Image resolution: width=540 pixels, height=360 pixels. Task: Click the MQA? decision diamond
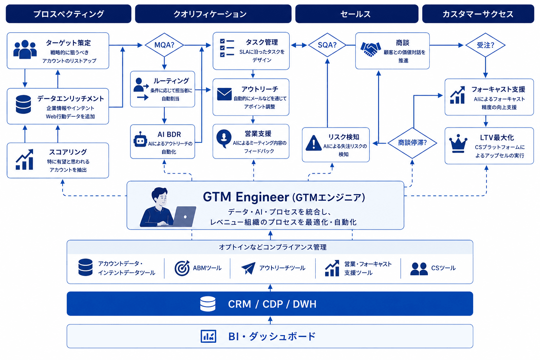tap(164, 45)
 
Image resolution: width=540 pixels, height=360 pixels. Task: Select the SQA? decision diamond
tap(327, 45)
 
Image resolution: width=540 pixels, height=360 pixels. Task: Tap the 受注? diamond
tap(485, 45)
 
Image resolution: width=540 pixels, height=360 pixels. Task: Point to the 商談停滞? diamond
tap(412, 143)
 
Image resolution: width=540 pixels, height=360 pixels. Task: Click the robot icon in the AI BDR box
tap(140, 140)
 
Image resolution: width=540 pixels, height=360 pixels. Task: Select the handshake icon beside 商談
tap(371, 49)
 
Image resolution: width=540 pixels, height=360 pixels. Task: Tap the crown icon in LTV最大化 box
tap(458, 144)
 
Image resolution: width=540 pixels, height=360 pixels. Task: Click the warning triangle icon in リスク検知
tap(313, 143)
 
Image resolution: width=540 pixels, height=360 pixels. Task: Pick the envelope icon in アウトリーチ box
tap(224, 94)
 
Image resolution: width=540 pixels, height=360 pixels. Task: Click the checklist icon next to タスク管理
tap(227, 48)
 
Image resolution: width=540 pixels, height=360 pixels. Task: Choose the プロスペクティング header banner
tap(69, 14)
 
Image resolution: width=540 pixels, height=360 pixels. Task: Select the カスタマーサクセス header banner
tap(478, 14)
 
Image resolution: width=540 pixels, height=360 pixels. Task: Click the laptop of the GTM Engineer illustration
tap(185, 216)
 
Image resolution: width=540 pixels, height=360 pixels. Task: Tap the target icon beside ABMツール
tap(182, 268)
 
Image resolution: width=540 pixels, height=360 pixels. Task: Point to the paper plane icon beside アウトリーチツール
tap(248, 268)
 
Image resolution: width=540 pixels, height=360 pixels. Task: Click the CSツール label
tap(443, 268)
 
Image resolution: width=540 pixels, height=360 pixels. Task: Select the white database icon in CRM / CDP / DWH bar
tap(208, 304)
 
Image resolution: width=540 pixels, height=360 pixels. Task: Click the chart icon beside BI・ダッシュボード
tap(208, 336)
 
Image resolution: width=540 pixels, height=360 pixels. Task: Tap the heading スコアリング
tap(68, 152)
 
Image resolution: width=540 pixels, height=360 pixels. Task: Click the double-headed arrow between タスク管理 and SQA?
tap(299, 45)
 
